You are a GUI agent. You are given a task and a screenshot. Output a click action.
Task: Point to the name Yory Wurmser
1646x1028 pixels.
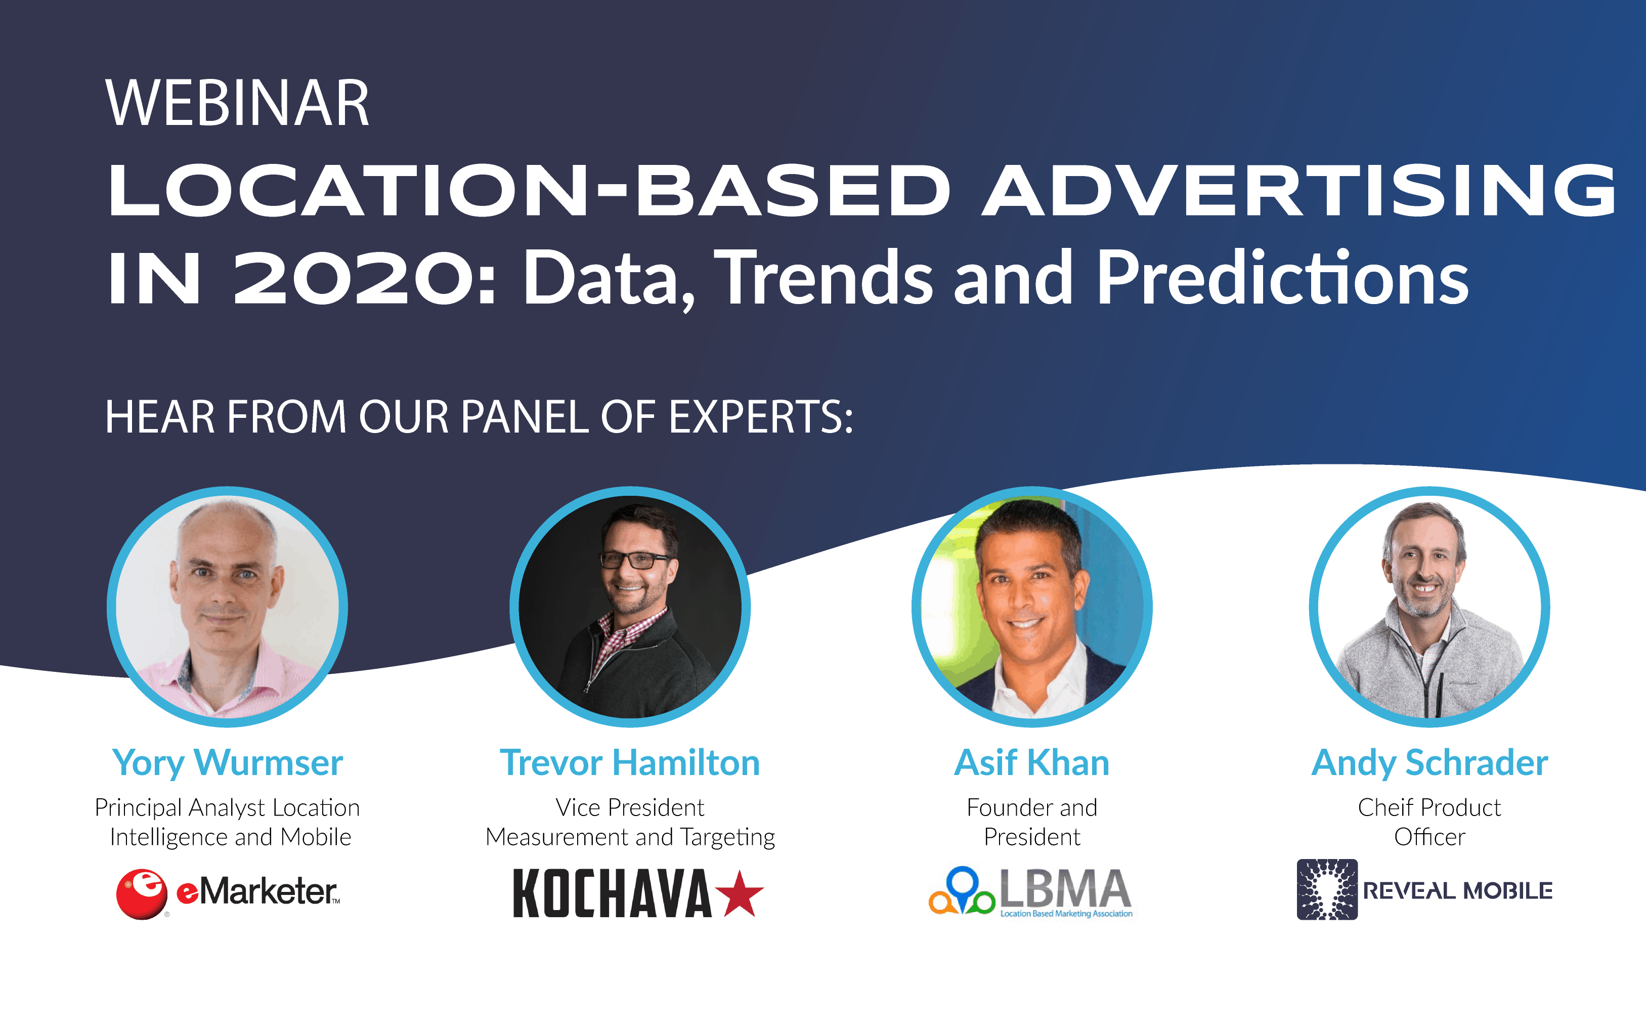coord(227,762)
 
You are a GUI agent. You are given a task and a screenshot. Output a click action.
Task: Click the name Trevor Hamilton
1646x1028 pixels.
coord(630,762)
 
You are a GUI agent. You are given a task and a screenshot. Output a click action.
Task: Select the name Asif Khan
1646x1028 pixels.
coord(1031,762)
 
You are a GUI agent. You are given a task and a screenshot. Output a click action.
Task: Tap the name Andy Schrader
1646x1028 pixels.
coord(1429,762)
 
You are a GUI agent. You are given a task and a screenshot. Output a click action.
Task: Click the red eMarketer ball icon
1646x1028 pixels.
coord(141,893)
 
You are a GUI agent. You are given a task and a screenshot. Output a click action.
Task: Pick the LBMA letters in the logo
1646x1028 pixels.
coord(1064,888)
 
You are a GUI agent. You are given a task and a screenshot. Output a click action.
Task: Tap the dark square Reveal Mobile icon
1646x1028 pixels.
coord(1327,889)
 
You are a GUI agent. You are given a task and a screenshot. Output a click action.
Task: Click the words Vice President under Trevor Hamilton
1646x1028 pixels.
coord(630,808)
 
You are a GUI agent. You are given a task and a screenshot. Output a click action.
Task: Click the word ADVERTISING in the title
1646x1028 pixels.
coord(1298,192)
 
